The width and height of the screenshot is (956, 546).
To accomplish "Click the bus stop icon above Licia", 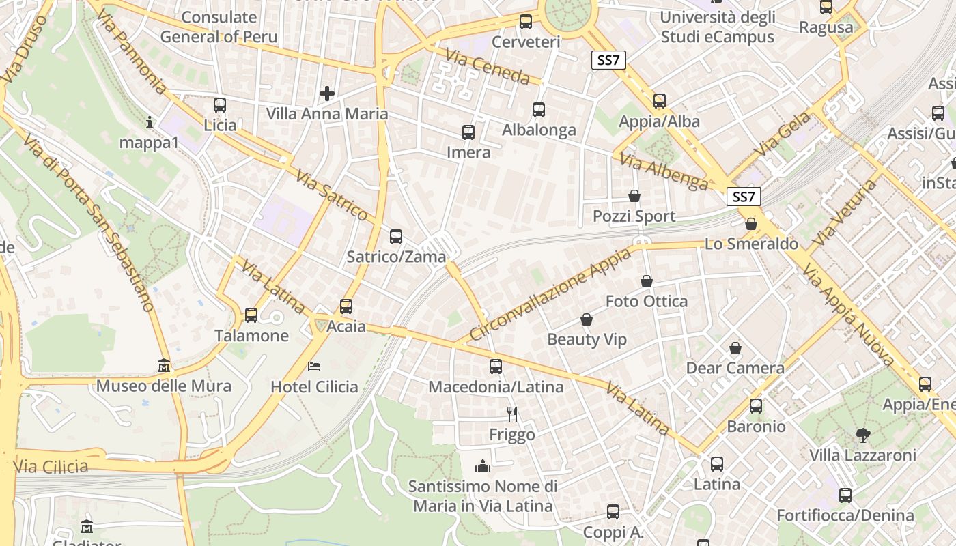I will click(219, 105).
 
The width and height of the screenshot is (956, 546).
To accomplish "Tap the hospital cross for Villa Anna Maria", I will click(327, 93).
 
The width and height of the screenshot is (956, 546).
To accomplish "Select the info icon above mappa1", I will click(150, 123).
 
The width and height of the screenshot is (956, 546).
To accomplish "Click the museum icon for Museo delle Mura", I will click(163, 366).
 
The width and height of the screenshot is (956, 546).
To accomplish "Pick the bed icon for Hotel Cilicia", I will click(314, 367).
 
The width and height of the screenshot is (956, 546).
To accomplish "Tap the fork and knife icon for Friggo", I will click(512, 414).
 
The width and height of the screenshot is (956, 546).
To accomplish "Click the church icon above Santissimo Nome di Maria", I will click(483, 466).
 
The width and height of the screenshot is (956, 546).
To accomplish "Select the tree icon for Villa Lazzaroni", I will click(862, 435).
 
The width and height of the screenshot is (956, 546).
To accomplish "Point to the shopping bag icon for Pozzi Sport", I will click(634, 197).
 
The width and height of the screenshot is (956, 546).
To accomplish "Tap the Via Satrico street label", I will click(332, 195).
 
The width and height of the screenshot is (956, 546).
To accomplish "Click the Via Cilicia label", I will click(51, 467).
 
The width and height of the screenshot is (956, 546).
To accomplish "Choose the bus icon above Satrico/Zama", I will click(396, 237).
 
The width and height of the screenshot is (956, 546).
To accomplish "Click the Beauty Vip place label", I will click(587, 340).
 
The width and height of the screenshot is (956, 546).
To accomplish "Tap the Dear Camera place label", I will click(735, 369).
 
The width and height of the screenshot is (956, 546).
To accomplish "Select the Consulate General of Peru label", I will click(219, 27).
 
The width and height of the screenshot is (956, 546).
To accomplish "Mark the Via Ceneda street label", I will click(487, 66).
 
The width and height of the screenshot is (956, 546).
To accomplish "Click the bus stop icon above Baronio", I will click(756, 406).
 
